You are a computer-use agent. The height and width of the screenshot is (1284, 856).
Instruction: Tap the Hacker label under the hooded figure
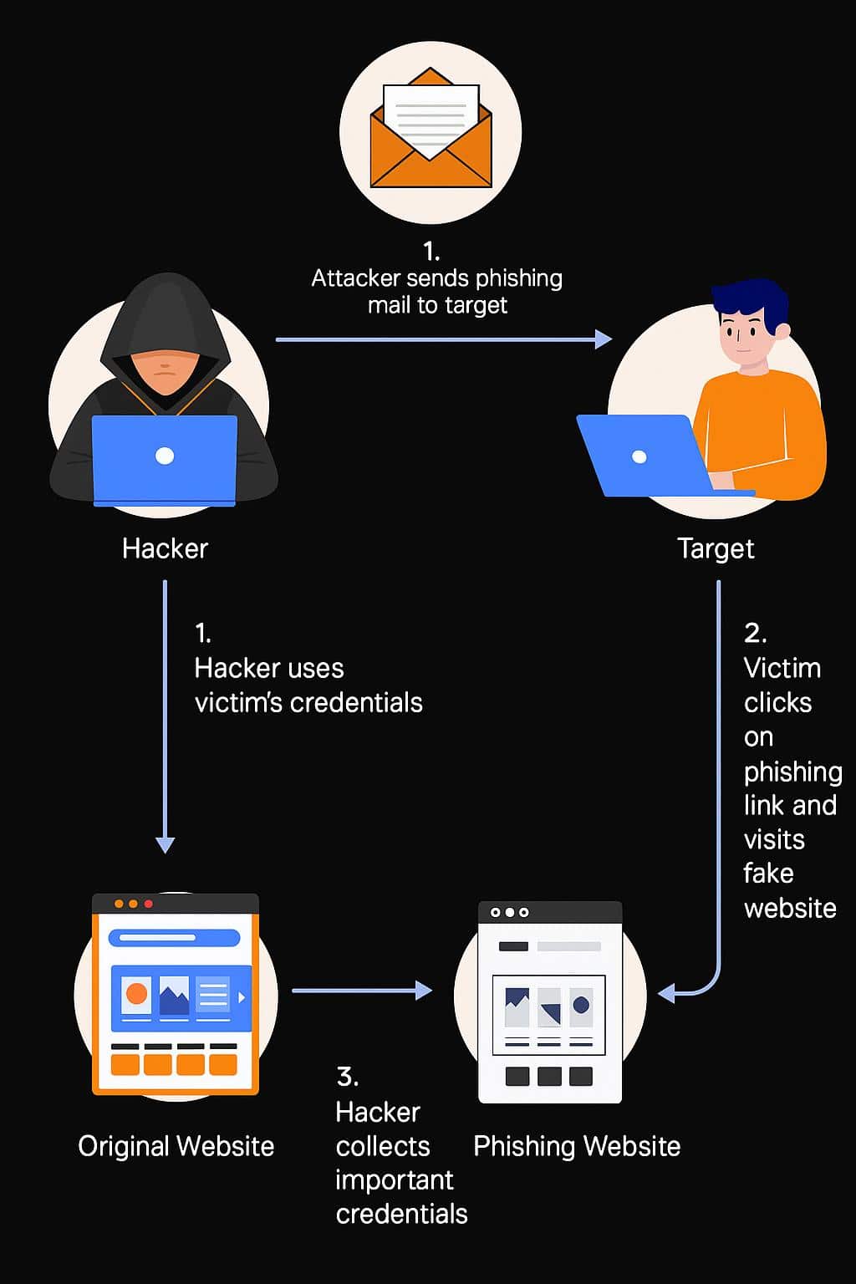(166, 548)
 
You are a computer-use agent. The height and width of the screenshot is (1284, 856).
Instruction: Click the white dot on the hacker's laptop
(165, 456)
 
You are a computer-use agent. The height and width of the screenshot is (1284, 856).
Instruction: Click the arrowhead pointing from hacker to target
(604, 339)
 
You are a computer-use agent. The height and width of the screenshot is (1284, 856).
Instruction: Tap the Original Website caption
(176, 1147)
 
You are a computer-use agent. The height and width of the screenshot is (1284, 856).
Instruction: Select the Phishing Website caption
(577, 1147)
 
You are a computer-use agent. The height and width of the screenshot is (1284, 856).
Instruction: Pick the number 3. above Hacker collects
(348, 1077)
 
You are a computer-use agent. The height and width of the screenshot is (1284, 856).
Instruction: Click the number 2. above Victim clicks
(755, 634)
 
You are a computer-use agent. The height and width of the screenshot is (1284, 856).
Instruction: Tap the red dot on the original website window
(149, 904)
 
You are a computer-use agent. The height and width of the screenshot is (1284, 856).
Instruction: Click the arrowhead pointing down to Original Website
(166, 845)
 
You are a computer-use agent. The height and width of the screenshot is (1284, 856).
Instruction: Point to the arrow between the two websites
(362, 990)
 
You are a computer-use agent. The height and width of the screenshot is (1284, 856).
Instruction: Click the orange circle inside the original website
(136, 993)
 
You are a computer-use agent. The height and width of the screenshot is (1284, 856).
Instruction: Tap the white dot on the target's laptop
(639, 457)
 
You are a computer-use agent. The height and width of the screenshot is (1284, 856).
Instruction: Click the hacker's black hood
(166, 321)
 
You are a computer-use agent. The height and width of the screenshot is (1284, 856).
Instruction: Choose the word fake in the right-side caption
(768, 874)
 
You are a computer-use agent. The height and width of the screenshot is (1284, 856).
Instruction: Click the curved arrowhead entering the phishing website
(666, 993)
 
